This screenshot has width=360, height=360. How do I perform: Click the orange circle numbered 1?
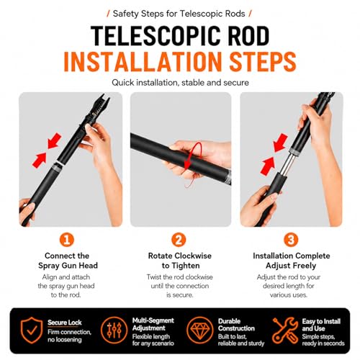click(x=67, y=240)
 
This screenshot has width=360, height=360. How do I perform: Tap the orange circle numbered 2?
click(x=179, y=240)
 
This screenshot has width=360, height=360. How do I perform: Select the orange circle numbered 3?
click(x=291, y=240)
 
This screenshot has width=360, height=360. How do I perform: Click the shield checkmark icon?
click(x=32, y=330)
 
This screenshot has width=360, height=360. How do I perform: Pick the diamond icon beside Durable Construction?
click(x=200, y=330)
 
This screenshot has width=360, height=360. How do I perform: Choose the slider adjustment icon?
click(x=114, y=330)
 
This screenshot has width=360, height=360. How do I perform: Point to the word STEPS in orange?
click(x=263, y=61)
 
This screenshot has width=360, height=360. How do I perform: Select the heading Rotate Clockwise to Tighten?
click(x=180, y=261)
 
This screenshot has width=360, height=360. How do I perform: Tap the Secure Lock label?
click(x=65, y=323)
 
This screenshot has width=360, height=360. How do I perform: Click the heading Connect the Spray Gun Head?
click(x=68, y=261)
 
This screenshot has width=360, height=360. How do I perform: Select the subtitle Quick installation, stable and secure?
click(x=180, y=83)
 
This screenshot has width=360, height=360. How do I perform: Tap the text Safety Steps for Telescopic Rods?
click(x=179, y=14)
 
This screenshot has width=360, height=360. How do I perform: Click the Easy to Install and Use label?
click(x=321, y=325)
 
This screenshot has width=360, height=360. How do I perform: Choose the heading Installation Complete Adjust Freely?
click(x=291, y=261)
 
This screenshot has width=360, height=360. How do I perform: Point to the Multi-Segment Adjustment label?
click(x=153, y=324)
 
